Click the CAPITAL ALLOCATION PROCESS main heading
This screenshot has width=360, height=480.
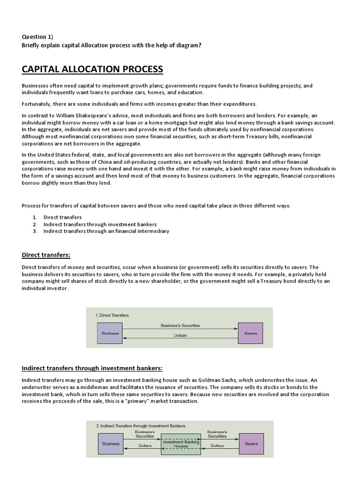point(92,69)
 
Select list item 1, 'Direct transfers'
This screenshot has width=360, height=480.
point(62,217)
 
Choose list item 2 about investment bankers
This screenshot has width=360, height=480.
point(100,224)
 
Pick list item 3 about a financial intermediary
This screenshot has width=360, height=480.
point(106,231)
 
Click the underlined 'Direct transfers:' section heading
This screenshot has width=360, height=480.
point(46,255)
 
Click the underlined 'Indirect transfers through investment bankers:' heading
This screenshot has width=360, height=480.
point(92,368)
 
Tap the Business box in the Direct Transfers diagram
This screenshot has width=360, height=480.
point(110,333)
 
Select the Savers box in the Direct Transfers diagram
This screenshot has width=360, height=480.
point(251,333)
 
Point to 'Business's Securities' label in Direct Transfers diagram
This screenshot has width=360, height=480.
point(180,325)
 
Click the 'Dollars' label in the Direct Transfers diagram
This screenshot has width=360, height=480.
point(180,336)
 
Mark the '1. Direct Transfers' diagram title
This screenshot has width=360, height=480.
point(112,315)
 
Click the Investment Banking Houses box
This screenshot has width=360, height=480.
point(180,444)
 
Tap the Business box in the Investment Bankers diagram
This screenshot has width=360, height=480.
point(111,443)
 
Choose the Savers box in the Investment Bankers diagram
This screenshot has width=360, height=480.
point(251,443)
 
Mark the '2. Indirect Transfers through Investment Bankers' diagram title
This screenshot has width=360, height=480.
point(141,426)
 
